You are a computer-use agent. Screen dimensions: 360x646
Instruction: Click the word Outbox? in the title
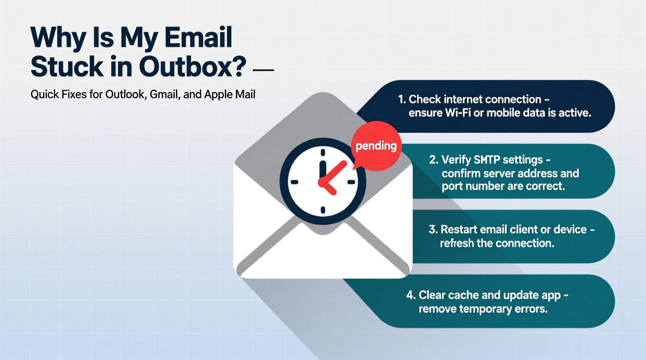[x=193, y=66]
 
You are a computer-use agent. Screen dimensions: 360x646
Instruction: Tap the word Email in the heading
[x=198, y=38]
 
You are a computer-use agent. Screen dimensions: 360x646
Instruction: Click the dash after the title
[x=263, y=70]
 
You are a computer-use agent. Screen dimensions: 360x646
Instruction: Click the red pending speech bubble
[x=376, y=146]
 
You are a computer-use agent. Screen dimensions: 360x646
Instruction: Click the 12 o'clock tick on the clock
[x=323, y=152]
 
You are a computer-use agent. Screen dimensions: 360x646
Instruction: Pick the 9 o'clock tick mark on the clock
[x=295, y=182]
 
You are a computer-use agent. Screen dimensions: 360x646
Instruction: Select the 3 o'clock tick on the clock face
[x=351, y=182]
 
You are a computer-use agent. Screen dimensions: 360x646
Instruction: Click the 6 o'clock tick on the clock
[x=323, y=210]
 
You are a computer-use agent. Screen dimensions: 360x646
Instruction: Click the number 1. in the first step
[x=402, y=99]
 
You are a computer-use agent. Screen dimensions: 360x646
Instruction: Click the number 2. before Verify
[x=434, y=160]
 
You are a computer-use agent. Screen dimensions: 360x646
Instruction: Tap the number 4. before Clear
[x=411, y=295]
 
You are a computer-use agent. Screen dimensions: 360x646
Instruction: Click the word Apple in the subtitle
[x=218, y=94]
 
